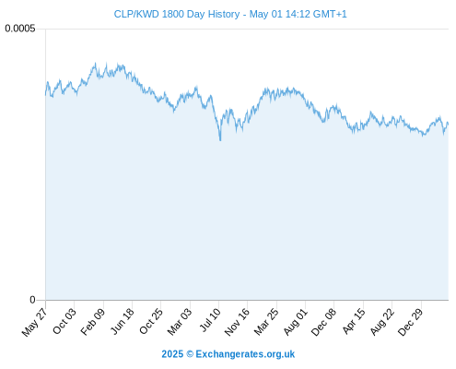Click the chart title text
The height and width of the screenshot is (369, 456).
pyautogui.click(x=230, y=14)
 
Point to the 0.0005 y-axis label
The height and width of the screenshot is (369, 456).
pyautogui.click(x=20, y=29)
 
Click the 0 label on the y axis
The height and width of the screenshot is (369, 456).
pyautogui.click(x=32, y=300)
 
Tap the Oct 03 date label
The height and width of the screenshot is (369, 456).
pyautogui.click(x=64, y=321)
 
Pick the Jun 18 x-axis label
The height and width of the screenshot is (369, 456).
pyautogui.click(x=123, y=321)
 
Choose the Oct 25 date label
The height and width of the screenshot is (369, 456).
pyautogui.click(x=150, y=321)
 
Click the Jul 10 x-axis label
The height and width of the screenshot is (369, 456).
pyautogui.click(x=210, y=320)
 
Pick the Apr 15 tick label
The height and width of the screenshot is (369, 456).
pyautogui.click(x=354, y=321)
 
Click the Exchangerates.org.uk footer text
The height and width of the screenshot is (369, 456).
pyautogui.click(x=245, y=354)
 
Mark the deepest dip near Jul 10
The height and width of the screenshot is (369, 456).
pyautogui.click(x=220, y=140)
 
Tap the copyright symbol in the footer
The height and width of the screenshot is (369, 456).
pyautogui.click(x=190, y=354)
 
